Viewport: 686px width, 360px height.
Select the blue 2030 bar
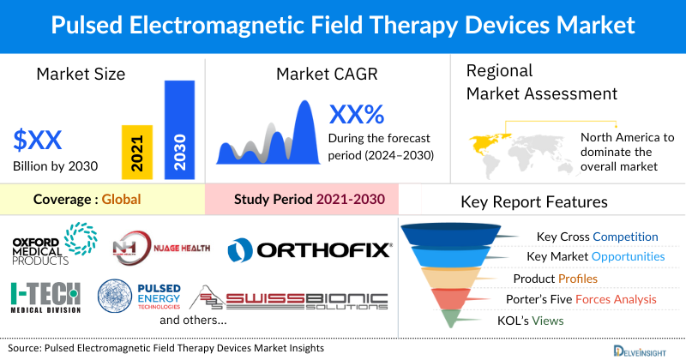[x=179, y=130]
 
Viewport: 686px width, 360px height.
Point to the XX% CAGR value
[x=357, y=114]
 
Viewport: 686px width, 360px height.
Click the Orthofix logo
[x=310, y=249]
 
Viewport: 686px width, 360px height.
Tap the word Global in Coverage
[x=121, y=200]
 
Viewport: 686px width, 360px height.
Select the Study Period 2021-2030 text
[x=309, y=200]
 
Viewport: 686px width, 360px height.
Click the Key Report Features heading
[x=534, y=202]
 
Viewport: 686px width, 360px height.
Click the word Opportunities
[x=627, y=257]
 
